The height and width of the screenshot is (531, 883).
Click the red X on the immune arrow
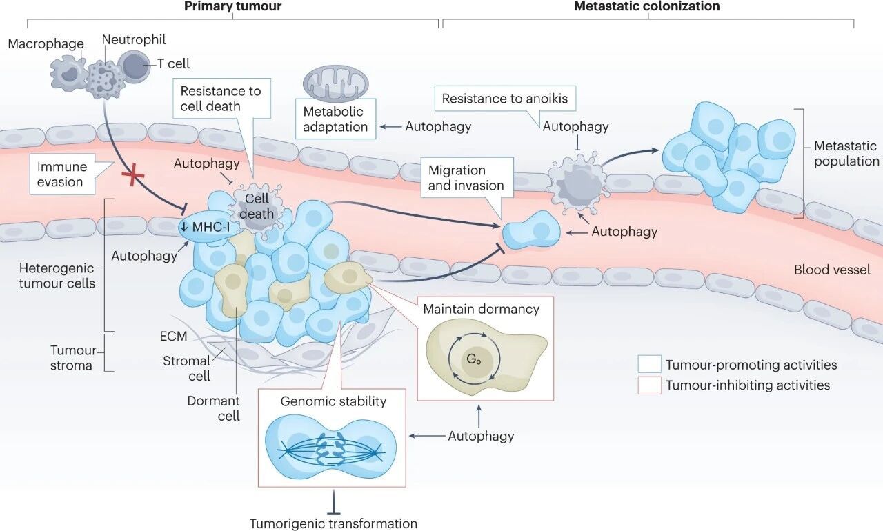point(132,176)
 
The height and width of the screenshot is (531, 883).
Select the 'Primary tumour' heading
point(232,7)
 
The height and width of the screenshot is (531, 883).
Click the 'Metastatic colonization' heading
point(647,7)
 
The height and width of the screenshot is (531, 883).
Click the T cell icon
point(133,67)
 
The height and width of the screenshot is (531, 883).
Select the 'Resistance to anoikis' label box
point(504,99)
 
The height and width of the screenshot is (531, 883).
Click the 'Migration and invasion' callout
point(466,177)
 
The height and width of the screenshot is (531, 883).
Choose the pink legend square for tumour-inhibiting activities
point(648,385)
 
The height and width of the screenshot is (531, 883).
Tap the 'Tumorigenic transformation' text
point(333,523)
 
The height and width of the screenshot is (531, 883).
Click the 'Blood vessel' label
point(832,270)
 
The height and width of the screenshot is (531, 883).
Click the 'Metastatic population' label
point(845,154)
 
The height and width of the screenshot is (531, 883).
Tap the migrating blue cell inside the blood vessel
point(531,230)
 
